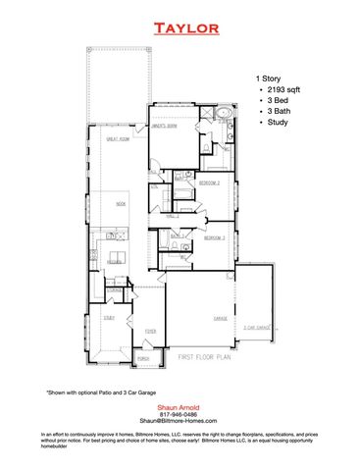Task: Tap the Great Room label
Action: tap(120, 140)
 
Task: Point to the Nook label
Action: tap(122, 203)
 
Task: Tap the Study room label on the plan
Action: tap(109, 317)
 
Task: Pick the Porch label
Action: tap(143, 358)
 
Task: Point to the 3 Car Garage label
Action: tap(257, 328)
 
